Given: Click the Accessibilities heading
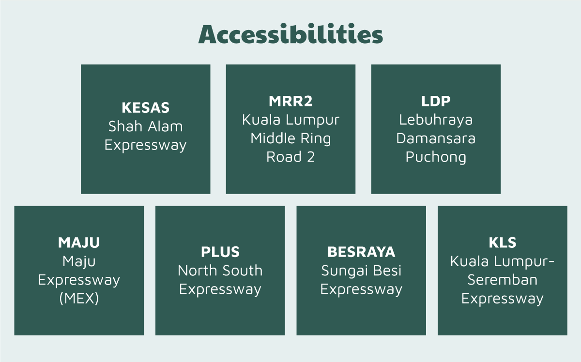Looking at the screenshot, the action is pos(290,34).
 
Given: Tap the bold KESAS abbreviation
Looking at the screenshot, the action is pos(146,107).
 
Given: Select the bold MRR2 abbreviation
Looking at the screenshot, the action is pos(290,101).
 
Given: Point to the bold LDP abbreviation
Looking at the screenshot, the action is pos(436,101).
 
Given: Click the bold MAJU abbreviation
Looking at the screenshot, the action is pos(79,243).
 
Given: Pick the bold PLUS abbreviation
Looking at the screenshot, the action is pos(220,252).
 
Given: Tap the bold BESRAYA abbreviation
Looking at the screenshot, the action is pos(361,252).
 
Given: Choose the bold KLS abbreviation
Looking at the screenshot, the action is pos(503,243).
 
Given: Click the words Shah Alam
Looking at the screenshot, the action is pos(146,126).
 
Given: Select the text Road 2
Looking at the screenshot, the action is pos(290,157).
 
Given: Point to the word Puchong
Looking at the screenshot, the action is pos(436,157).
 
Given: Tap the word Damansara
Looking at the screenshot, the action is pos(436,138).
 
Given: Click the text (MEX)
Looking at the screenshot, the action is pos(79,299).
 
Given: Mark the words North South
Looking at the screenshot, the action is pos(220,271).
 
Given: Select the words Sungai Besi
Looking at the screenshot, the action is pos(361,271).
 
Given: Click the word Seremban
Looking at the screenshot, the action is pos(503,280).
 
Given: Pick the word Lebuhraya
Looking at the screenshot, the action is pos(436,120).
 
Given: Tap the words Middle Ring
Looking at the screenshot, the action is pos(290,138).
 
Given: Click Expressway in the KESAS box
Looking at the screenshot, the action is pos(146,145).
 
